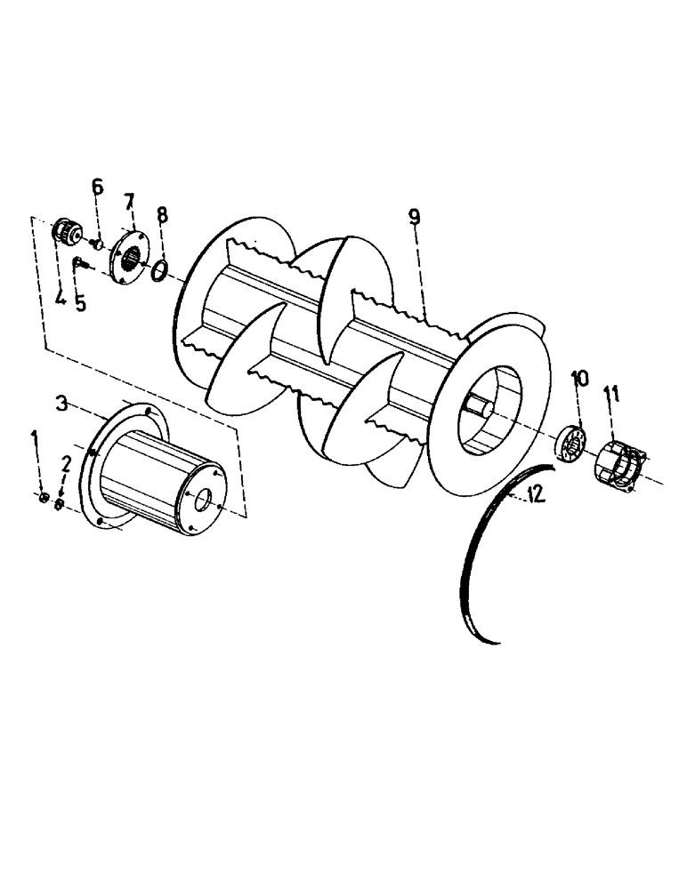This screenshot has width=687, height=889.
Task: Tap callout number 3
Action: click(x=62, y=404)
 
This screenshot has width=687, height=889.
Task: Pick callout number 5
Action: click(x=81, y=302)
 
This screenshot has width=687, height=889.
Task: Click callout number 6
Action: click(x=97, y=187)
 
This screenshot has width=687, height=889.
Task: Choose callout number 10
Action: click(x=578, y=379)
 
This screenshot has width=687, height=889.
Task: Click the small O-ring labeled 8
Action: click(x=158, y=268)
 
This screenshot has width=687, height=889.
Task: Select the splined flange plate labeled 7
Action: click(x=128, y=258)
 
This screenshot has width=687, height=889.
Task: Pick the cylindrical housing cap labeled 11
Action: click(x=620, y=461)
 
